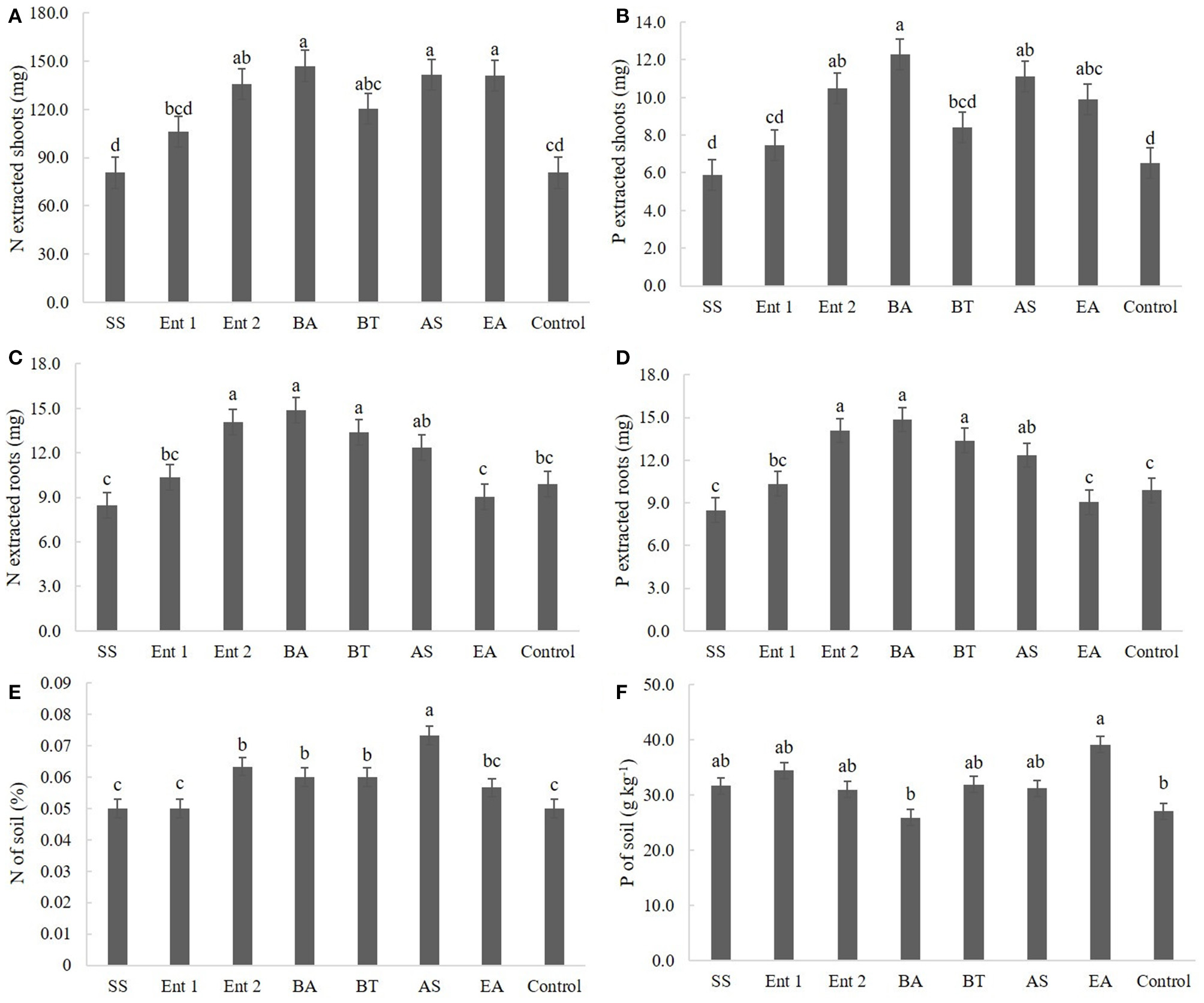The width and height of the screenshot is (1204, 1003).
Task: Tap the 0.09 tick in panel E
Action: click(56, 683)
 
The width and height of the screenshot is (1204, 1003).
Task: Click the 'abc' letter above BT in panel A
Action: click(368, 85)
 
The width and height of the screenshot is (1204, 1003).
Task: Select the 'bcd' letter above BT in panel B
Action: click(962, 102)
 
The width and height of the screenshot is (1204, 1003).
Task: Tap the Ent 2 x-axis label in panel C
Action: click(233, 652)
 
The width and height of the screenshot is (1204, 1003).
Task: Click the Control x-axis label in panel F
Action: click(1163, 981)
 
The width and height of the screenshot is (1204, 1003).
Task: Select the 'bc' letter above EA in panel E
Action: click(491, 761)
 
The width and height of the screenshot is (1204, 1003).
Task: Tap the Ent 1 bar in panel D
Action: click(777, 558)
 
